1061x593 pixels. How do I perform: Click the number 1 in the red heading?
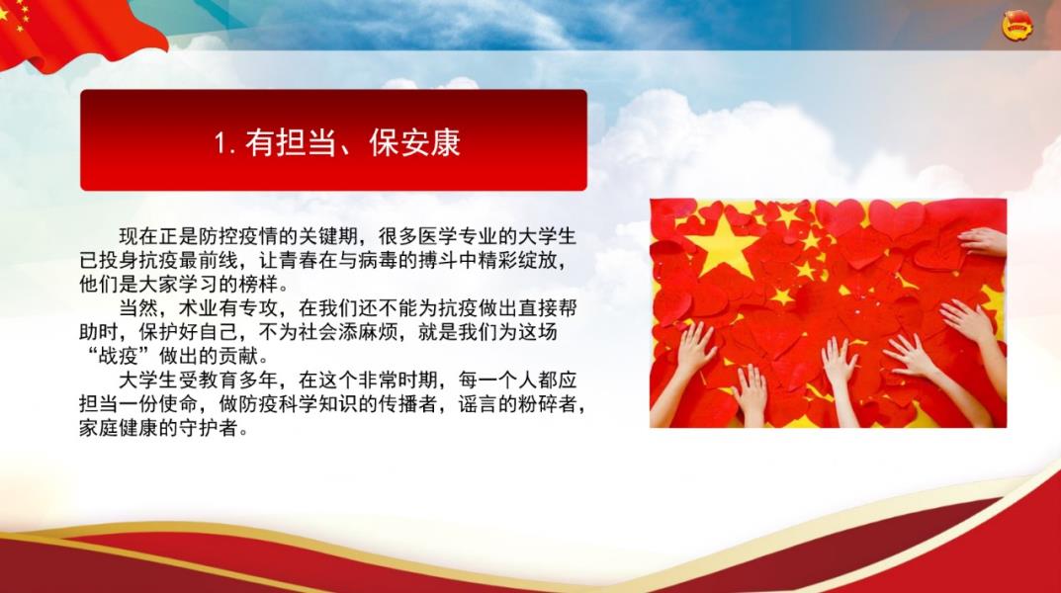[220, 143]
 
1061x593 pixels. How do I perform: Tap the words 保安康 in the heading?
[414, 142]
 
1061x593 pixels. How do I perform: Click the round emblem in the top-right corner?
[1017, 27]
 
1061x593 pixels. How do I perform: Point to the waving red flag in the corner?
[74, 31]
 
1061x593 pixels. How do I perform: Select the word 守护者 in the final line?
[209, 428]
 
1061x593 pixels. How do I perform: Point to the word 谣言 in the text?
[479, 404]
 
